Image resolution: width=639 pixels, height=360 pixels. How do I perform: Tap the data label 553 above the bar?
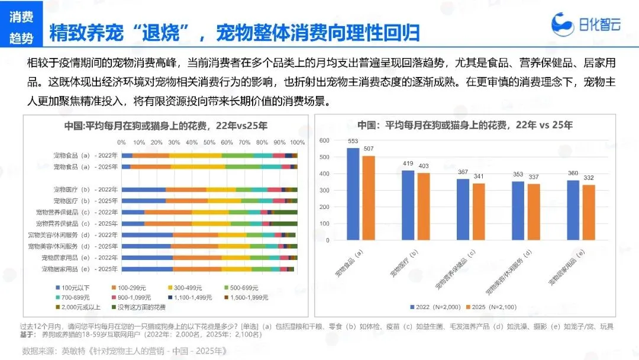[x=353, y=142]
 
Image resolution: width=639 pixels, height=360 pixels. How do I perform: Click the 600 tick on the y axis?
[x=324, y=140]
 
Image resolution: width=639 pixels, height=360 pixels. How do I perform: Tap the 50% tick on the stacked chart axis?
[x=209, y=143]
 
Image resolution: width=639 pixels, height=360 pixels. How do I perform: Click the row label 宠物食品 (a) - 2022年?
[x=85, y=155]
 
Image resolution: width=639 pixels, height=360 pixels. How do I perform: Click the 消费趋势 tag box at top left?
[x=21, y=27]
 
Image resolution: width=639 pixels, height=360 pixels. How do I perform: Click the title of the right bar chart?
[x=465, y=125]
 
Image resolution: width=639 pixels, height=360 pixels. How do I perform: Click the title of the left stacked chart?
[x=166, y=126]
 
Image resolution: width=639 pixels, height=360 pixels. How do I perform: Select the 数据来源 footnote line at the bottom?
[x=124, y=351]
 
